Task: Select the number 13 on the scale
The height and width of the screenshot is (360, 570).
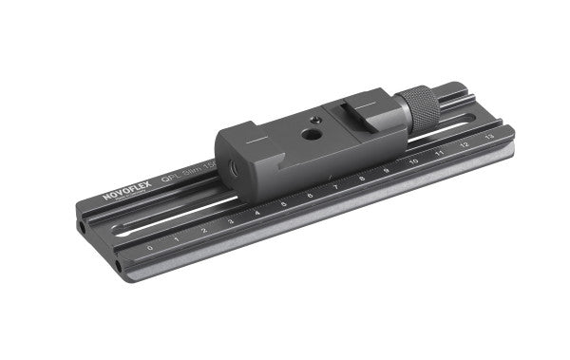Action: click(488, 137)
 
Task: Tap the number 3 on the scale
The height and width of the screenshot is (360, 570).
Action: click(230, 221)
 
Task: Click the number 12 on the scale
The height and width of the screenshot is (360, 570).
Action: click(464, 144)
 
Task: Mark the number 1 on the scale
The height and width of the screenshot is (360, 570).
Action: click(177, 239)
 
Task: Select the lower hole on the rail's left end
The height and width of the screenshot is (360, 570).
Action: click(118, 266)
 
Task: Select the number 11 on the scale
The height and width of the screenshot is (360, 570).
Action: click(439, 153)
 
